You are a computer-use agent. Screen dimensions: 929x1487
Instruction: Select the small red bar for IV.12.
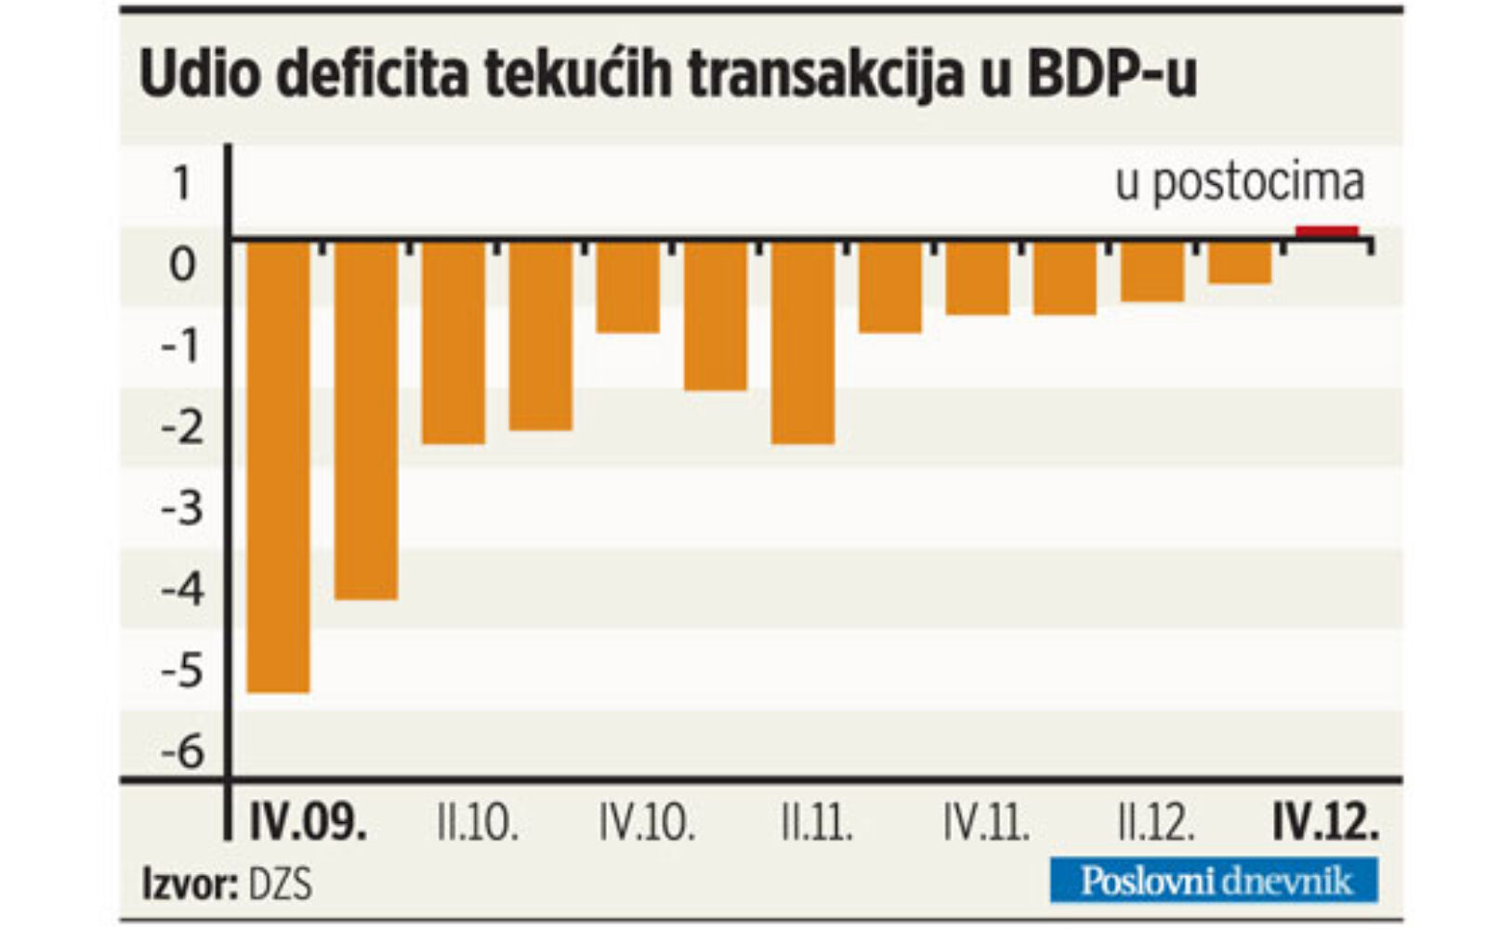tap(1326, 232)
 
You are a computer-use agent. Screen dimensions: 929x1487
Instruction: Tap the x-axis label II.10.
tap(478, 823)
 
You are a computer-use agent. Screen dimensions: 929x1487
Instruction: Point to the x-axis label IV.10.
tap(647, 823)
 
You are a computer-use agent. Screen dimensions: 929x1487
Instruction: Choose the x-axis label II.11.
tap(817, 823)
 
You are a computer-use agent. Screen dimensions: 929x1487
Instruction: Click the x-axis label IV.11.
tap(986, 823)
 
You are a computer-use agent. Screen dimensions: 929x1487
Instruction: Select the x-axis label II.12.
tap(1156, 823)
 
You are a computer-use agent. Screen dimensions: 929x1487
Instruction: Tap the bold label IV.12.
tap(1325, 823)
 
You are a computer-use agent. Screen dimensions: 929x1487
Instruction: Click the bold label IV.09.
tap(308, 823)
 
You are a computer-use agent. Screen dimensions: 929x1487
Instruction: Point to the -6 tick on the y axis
tap(182, 751)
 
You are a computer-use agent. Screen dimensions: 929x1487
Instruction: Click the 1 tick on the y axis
tap(182, 183)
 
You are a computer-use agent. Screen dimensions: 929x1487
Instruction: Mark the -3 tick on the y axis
tap(182, 507)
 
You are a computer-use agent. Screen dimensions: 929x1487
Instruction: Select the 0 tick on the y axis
tap(183, 264)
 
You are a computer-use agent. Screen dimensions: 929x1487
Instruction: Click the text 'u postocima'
tap(1239, 183)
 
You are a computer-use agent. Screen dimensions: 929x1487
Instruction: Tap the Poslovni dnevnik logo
tap(1214, 880)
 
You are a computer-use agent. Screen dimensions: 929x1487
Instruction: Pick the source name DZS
tap(280, 883)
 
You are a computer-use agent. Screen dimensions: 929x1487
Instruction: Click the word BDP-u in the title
tap(1110, 74)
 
